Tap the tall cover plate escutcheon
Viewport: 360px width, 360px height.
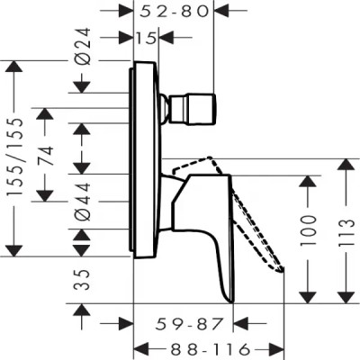(144, 162)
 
